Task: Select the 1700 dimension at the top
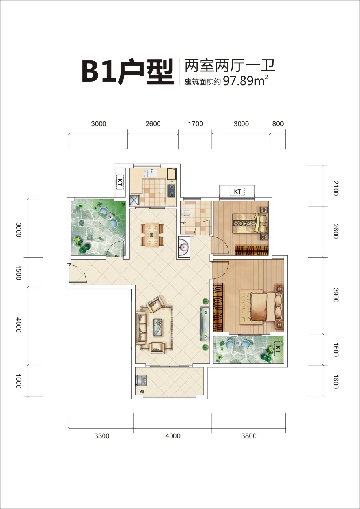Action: [x=196, y=124]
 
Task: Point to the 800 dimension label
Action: [x=278, y=124]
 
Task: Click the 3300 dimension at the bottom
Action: [x=102, y=436]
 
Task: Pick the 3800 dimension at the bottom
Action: [x=249, y=436]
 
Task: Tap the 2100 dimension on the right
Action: [x=336, y=188]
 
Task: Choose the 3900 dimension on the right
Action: [x=336, y=295]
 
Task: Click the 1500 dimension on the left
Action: [x=19, y=272]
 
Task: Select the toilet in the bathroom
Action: [x=185, y=213]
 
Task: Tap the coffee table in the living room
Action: [x=158, y=327]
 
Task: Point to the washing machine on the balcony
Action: [x=141, y=380]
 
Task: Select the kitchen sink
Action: [x=151, y=173]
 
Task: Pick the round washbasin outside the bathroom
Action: [x=184, y=247]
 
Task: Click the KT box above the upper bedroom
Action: [x=237, y=192]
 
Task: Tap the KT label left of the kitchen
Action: [x=119, y=182]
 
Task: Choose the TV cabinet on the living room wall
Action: [x=205, y=324]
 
